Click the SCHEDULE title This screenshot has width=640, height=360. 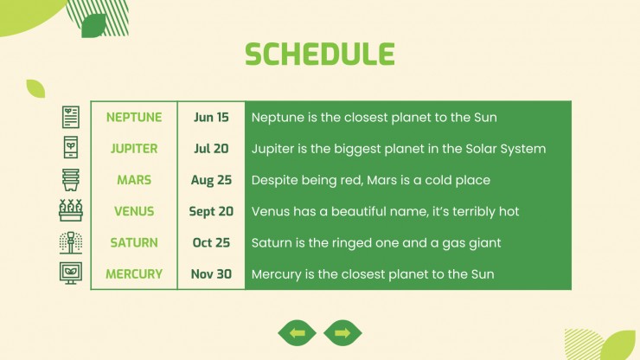(320, 54)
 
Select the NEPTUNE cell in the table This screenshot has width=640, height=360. (134, 118)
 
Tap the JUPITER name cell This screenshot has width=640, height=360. (134, 149)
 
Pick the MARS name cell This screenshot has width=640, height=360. (134, 180)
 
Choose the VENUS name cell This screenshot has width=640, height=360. (134, 211)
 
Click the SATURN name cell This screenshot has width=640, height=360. (134, 242)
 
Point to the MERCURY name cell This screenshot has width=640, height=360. (134, 274)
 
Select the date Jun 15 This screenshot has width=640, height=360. (211, 118)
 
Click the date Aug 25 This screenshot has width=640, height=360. (211, 180)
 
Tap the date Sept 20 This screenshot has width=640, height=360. (211, 212)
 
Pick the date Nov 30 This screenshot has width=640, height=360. (211, 274)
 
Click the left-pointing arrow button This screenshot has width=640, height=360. (298, 333)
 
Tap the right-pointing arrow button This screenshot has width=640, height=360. (342, 333)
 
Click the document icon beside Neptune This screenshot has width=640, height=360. (71, 118)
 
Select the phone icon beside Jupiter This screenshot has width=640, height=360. (71, 147)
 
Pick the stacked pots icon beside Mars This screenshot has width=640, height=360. (71, 180)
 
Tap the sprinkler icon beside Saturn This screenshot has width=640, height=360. (71, 242)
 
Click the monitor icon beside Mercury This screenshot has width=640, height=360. (71, 273)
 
